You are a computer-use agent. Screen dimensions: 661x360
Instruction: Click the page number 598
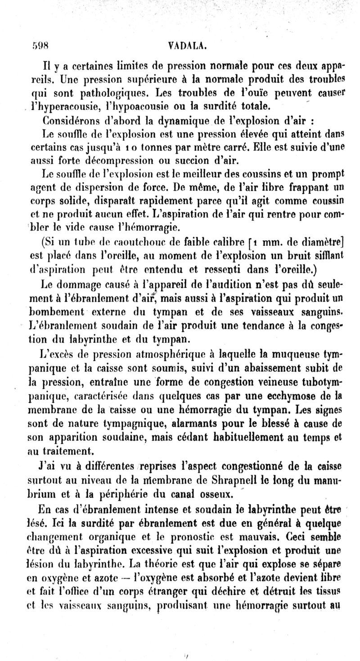click(40, 45)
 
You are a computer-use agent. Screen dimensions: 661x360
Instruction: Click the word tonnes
click(157, 147)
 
